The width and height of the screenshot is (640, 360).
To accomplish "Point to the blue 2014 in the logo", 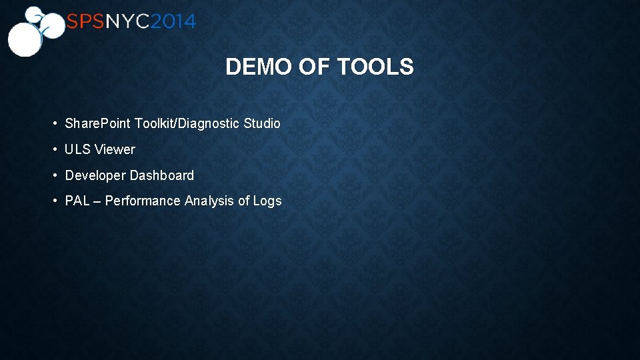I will (173, 22).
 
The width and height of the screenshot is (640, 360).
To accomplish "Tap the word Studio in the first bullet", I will (262, 124).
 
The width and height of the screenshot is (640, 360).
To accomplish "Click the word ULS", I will (77, 150).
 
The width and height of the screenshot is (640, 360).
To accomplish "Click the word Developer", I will (95, 176).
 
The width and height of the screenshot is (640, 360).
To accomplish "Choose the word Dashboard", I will (162, 176).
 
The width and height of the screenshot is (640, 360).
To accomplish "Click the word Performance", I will (143, 201).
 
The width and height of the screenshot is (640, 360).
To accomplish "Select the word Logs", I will (267, 201).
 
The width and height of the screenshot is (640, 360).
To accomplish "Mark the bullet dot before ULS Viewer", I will (55, 150).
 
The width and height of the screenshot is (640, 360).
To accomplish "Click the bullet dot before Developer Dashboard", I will (55, 176).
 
